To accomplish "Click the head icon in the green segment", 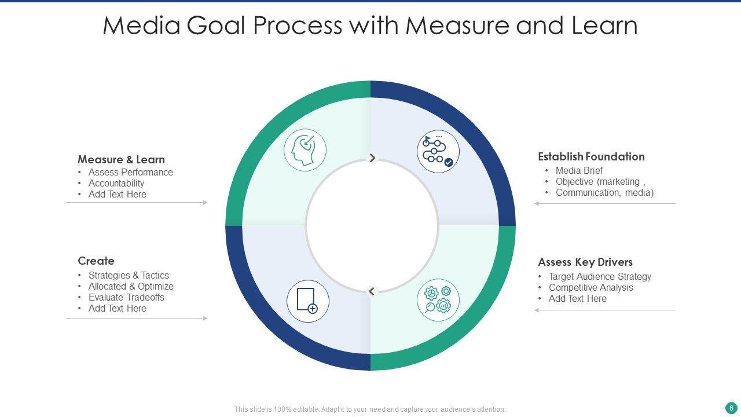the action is point(305,150).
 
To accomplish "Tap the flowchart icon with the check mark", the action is point(438,151).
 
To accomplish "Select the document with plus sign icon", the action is point(308,301).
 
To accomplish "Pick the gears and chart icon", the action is point(438,300).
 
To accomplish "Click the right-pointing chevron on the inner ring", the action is point(372,158).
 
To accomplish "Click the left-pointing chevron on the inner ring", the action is point(372,291).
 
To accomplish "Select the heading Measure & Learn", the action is point(121,159).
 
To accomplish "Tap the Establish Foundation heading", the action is point(591,156).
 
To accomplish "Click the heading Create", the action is point(96,261).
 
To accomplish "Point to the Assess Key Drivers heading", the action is point(585,262).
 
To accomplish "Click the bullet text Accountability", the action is point(116,183).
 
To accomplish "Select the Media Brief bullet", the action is point(579,170).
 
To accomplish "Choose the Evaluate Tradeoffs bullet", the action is point(126,297).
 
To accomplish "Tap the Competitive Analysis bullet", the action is point(590,287).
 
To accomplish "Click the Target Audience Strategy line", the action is point(600,276).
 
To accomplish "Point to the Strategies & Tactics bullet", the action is point(129,275).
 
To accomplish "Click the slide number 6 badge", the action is point(731,407).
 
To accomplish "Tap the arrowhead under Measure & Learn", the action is point(205,203).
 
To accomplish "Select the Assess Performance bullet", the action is point(130,172).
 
